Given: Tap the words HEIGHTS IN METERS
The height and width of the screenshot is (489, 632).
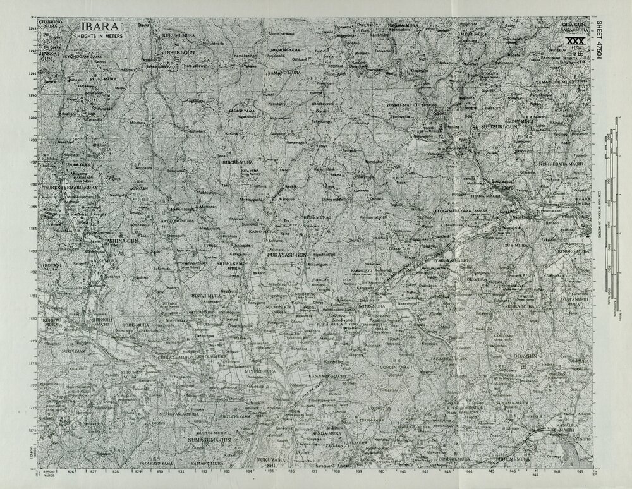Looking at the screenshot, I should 100,37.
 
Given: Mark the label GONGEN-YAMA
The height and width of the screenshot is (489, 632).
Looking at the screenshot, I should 397,366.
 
